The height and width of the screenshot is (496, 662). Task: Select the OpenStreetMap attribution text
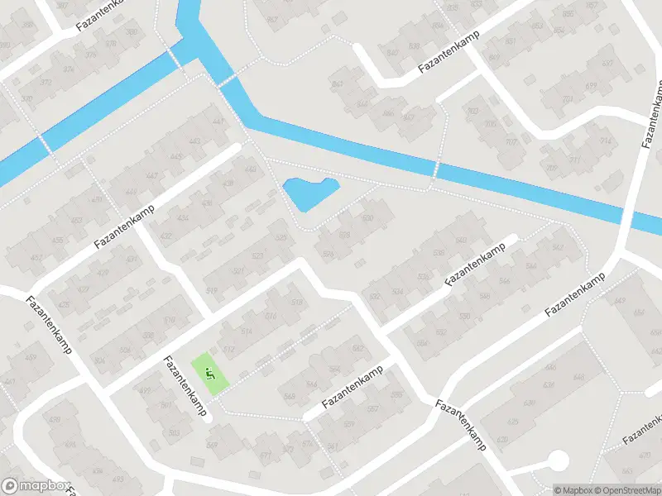point(626,489)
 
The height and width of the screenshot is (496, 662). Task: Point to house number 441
point(218,122)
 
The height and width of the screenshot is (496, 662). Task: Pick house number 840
point(392,53)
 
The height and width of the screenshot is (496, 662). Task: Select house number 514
point(246,331)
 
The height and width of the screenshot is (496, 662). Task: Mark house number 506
point(124,350)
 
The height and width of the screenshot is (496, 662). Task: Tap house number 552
point(441,332)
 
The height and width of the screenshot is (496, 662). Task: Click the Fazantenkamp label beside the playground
point(185,385)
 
